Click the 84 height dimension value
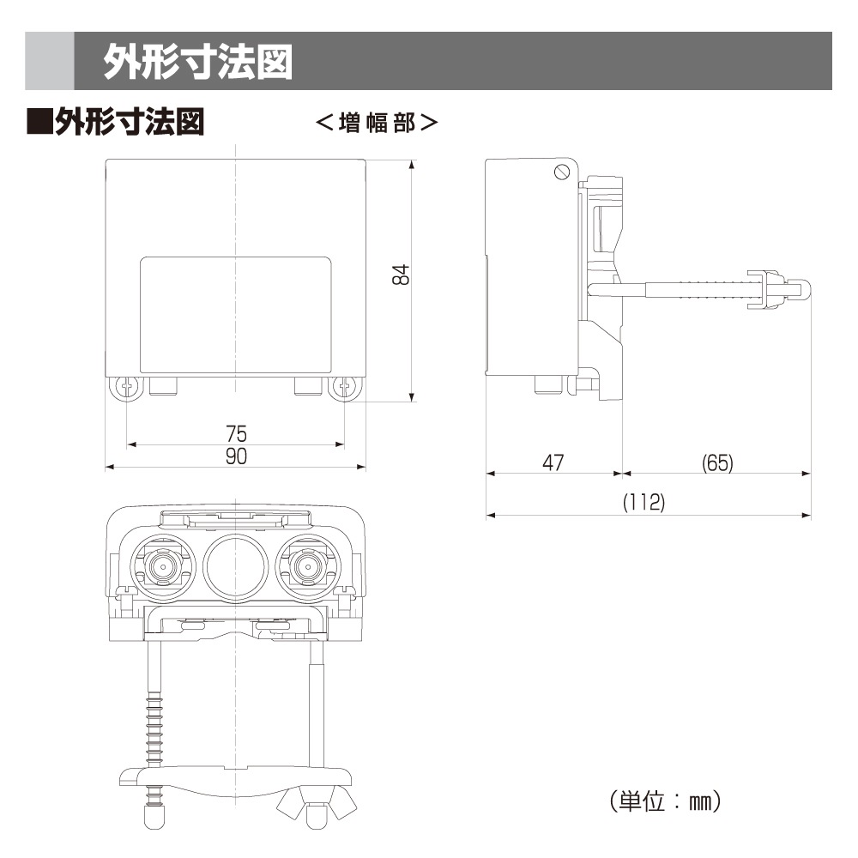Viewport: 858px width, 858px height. coord(401,275)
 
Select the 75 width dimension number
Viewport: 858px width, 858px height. coord(237,434)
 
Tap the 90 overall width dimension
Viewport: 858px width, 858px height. coord(237,456)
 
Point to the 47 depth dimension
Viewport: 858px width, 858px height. coord(553,463)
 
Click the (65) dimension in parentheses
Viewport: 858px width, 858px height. coord(717,463)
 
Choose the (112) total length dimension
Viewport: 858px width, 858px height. coord(644,502)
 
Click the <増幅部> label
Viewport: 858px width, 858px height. coord(377,123)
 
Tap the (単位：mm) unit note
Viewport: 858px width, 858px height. coord(666,801)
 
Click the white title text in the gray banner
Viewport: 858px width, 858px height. coord(198,61)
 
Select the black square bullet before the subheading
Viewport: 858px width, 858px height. coord(39,122)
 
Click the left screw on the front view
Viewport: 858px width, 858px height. coord(126,388)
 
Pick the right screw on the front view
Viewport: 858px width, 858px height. coord(345,388)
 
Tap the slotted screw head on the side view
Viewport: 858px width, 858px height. coord(562,172)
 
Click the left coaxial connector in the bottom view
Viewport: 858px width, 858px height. coord(163,566)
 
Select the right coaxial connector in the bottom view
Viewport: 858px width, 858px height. coord(308,566)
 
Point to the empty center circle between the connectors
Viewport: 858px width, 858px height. coord(236,566)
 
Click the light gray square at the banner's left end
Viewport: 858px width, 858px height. coord(49,61)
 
